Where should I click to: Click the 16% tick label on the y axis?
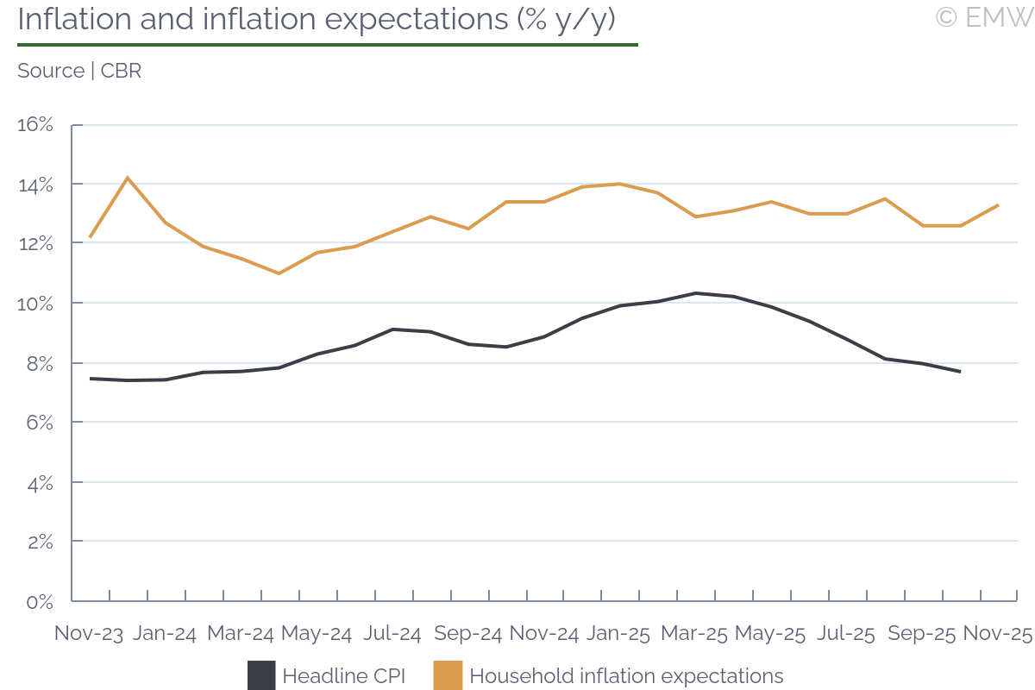(35, 125)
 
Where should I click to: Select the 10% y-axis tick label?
(35, 304)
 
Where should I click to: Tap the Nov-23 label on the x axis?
(88, 633)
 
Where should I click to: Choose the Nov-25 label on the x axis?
(997, 633)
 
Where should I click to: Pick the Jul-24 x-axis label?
(392, 633)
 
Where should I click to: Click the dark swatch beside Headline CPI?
(261, 675)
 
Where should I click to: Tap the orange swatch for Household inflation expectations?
(448, 675)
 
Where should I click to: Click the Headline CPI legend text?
(343, 675)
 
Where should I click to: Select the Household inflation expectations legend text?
(626, 675)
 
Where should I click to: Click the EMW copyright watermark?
(983, 18)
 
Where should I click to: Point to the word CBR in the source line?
(121, 71)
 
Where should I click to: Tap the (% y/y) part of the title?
(566, 20)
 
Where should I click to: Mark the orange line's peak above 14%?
(128, 178)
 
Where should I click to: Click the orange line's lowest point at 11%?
(279, 273)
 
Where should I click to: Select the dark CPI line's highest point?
(695, 293)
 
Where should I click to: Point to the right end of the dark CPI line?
(960, 372)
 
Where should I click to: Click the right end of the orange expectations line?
(998, 205)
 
